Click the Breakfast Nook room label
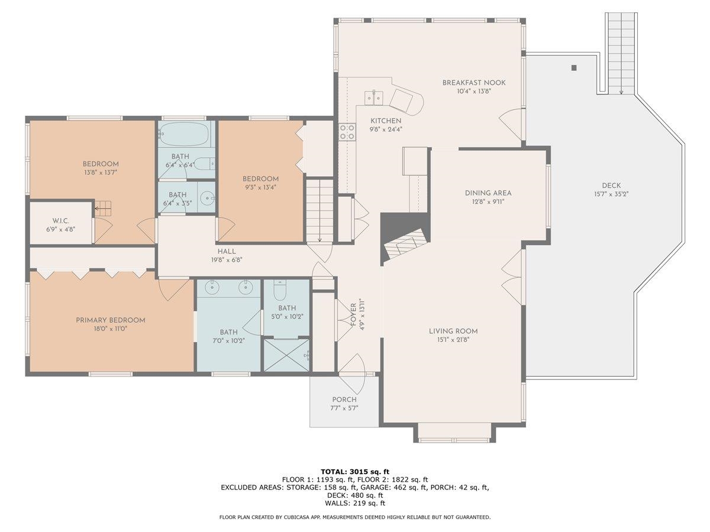coord(473,83)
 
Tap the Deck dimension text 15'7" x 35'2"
coord(611,194)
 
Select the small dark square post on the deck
coord(574,68)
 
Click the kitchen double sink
coord(373,97)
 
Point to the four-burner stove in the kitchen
coord(347,132)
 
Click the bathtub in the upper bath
coord(185,134)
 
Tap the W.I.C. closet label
coord(61,221)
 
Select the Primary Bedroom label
coord(110,320)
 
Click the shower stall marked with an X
coord(286,355)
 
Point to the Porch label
coord(344,400)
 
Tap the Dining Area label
coord(488,193)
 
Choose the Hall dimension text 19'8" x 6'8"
coord(227,259)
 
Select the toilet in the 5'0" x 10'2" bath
coord(280,290)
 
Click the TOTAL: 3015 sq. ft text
coord(355,472)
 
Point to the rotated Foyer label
coord(353,314)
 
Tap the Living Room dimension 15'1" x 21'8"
coord(453,339)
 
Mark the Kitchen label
coord(386,121)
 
